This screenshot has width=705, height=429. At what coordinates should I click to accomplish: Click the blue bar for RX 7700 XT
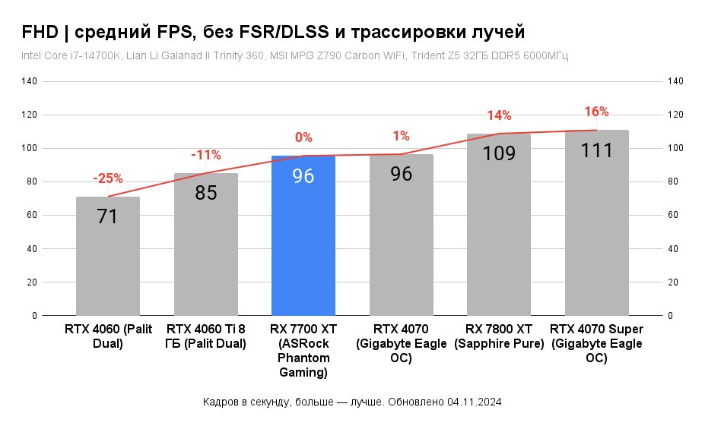[303, 235]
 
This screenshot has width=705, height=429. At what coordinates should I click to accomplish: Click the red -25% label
[108, 178]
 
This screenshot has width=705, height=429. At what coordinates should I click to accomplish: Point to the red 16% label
[596, 112]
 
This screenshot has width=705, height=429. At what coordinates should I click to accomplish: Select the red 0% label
[303, 137]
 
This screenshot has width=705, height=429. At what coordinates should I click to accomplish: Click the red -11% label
[205, 155]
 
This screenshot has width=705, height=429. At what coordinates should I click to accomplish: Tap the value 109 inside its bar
[499, 153]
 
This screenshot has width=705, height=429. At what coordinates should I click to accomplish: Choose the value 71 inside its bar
[108, 216]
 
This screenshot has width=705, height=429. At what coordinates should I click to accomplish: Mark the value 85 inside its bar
[205, 193]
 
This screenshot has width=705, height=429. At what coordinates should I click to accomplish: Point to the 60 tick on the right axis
[675, 215]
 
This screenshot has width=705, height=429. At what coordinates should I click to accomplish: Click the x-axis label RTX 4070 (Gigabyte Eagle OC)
[401, 343]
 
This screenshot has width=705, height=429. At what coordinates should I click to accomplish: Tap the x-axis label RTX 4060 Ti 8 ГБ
[205, 336]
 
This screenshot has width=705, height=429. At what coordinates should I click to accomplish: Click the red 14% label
[499, 115]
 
